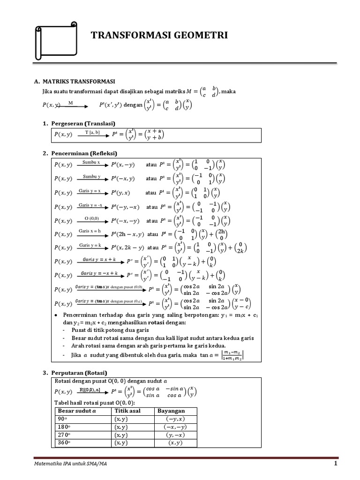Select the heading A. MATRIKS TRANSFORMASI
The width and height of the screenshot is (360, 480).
click(75, 82)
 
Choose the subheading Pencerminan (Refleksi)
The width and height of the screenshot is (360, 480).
click(87, 153)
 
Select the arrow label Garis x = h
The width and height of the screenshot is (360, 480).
click(90, 231)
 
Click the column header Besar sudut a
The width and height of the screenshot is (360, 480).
click(77, 411)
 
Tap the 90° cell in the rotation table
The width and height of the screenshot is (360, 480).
click(63, 419)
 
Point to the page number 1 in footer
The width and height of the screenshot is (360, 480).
click(336, 464)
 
